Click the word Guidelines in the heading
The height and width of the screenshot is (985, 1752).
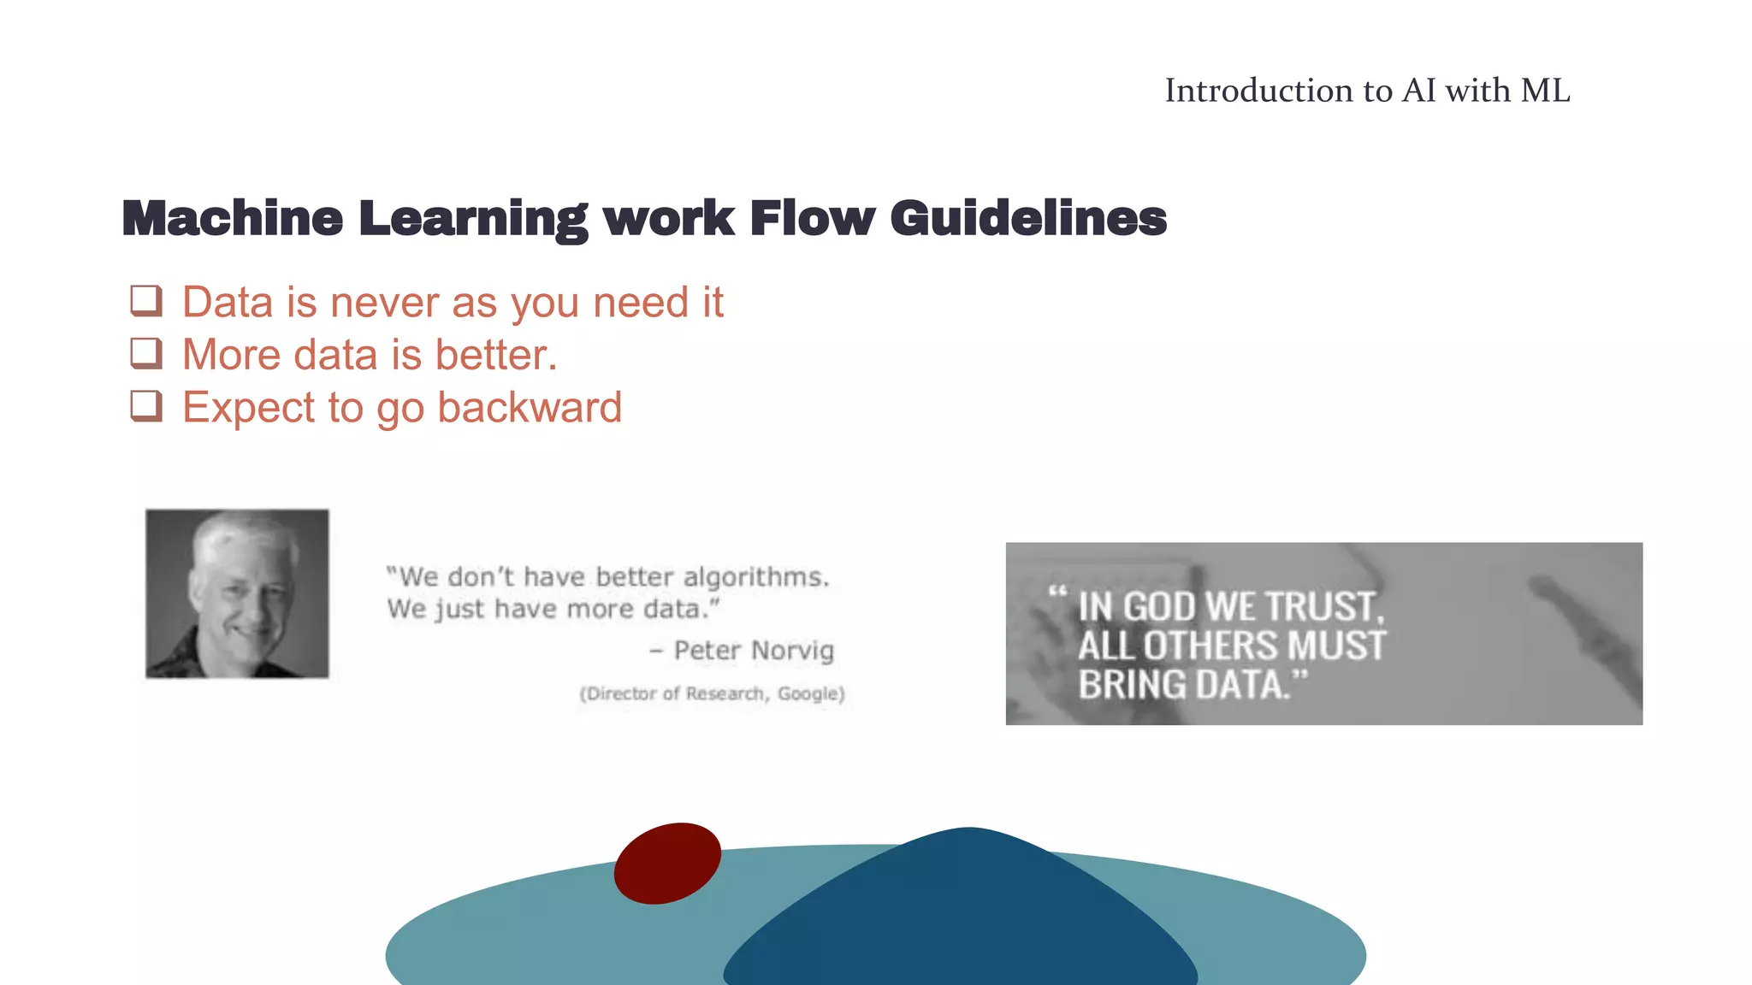coord(1028,219)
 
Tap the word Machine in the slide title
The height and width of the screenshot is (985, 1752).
coord(232,219)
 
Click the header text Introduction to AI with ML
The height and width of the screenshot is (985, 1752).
coord(1367,91)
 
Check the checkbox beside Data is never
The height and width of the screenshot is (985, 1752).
coord(146,301)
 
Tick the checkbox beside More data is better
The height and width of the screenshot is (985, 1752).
coord(146,353)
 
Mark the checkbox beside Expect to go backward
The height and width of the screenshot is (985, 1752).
coord(146,405)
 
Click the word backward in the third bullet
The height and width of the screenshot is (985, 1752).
coord(530,407)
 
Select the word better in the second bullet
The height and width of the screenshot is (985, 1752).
coord(495,355)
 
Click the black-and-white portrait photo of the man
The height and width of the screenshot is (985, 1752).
coord(237,593)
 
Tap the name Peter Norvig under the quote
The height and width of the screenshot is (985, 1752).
coord(753,651)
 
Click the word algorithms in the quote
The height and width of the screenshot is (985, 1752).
coord(755,578)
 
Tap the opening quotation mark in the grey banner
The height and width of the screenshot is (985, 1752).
coord(1057,591)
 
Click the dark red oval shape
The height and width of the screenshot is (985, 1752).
coord(667,863)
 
